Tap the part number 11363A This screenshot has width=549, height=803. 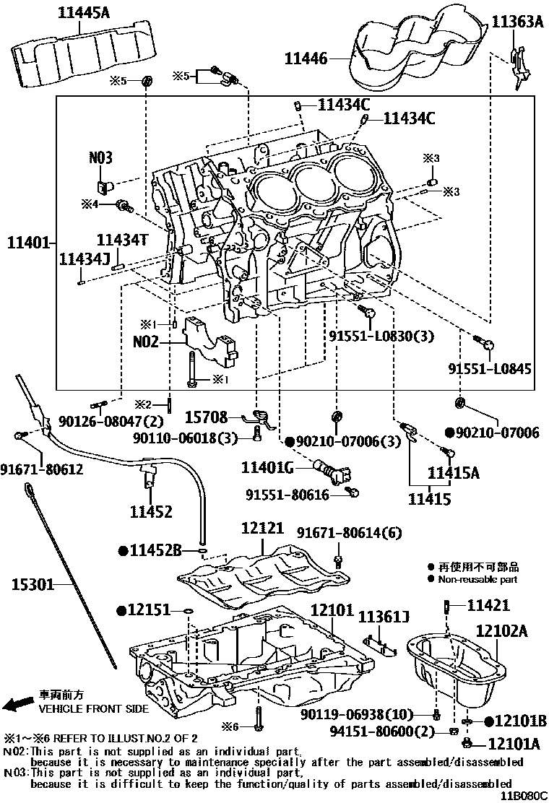(x=517, y=22)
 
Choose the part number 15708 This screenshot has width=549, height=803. (x=207, y=417)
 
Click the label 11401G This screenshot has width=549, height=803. (x=268, y=469)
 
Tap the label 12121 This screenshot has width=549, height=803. (x=263, y=529)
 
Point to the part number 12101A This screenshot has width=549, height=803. (x=514, y=743)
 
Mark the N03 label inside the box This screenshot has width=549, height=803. (x=101, y=157)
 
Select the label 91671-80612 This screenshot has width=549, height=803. (x=41, y=469)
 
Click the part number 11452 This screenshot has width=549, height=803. (x=151, y=512)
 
